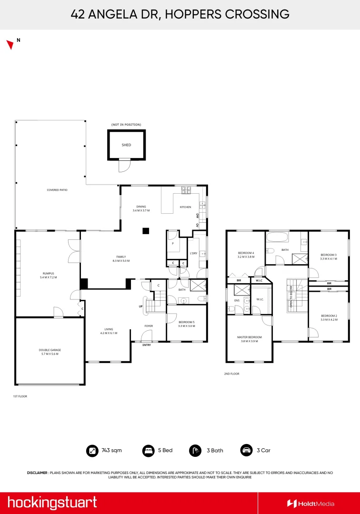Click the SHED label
tap(126, 145)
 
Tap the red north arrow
tap(10, 45)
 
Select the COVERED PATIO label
tap(57, 190)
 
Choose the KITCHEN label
tap(185, 207)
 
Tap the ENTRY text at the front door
tap(147, 345)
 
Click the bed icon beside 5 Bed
tap(148, 450)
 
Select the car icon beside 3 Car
tap(246, 450)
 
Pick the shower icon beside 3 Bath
tap(195, 450)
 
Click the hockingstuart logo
tap(52, 503)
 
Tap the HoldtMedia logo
tap(310, 504)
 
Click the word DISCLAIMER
tap(37, 473)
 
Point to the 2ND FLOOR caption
tap(231, 374)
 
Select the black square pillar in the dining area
tap(146, 231)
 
